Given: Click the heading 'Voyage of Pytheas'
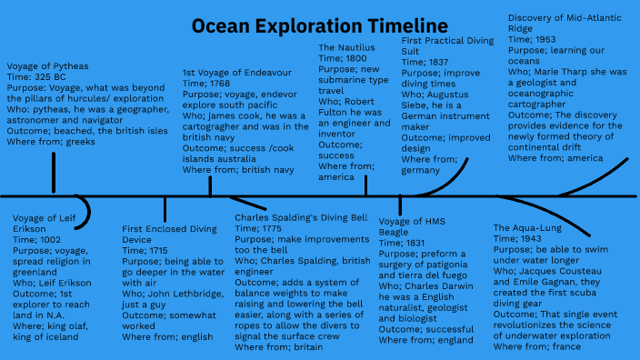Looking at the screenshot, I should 47,66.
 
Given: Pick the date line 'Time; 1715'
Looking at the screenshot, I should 147,249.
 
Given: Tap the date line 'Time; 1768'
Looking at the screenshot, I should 208,83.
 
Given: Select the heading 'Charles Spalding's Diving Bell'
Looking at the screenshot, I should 300,218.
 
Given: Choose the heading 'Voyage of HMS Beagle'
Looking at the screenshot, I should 412,226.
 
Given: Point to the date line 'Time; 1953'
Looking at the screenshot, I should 533,39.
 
